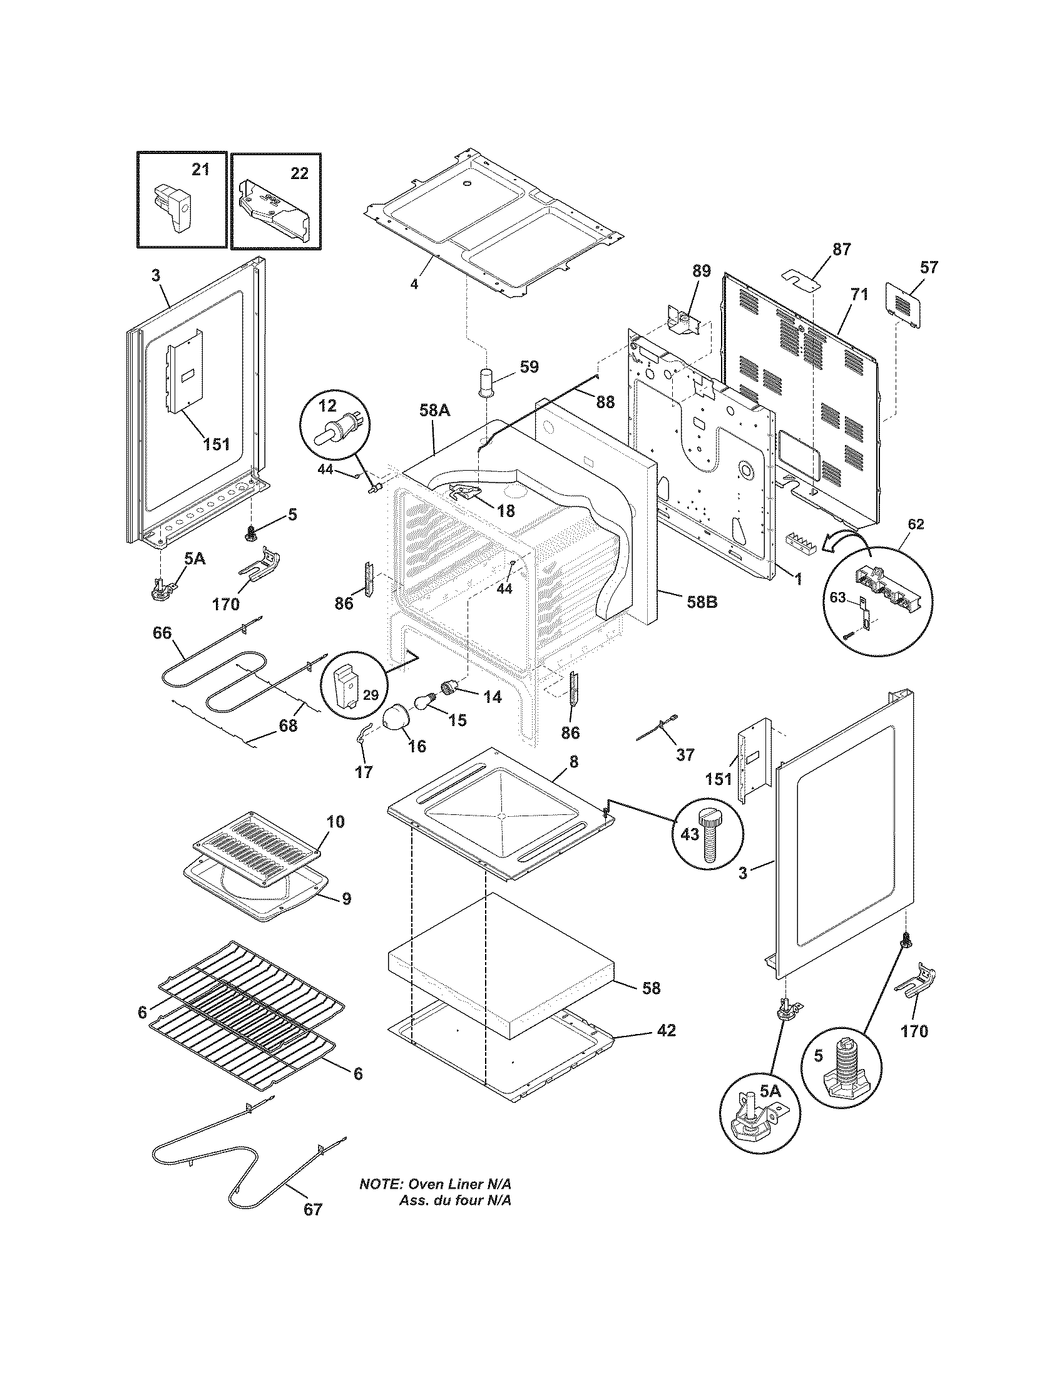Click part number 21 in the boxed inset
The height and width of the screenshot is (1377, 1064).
click(200, 170)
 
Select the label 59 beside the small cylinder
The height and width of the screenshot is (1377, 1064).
click(529, 367)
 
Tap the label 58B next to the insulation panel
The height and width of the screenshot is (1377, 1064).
click(702, 602)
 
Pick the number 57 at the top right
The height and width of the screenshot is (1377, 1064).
click(928, 267)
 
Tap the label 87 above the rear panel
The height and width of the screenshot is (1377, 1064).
click(841, 249)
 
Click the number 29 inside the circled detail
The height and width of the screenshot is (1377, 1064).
click(371, 695)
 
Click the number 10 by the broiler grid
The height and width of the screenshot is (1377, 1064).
click(335, 822)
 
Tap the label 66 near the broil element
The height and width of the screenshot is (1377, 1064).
click(162, 632)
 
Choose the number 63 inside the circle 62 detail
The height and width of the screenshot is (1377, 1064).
click(837, 598)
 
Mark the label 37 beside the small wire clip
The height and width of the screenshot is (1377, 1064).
click(685, 754)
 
